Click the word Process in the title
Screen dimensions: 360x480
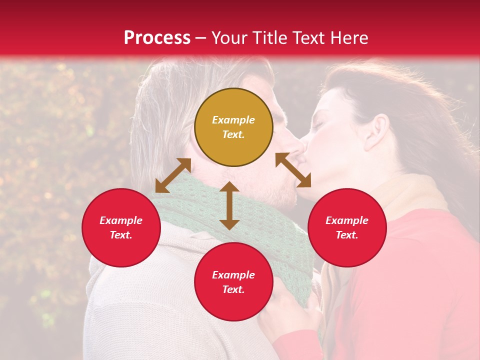click(157, 38)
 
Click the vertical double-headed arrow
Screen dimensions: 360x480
click(229, 205)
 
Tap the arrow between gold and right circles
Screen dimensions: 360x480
click(293, 170)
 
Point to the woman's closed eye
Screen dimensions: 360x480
click(319, 123)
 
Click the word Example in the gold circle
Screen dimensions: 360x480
click(233, 120)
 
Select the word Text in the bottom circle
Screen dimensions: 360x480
click(233, 289)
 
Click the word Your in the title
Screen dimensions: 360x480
click(230, 38)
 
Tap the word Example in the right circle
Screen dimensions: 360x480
click(347, 220)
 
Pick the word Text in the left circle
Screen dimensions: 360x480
click(121, 235)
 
